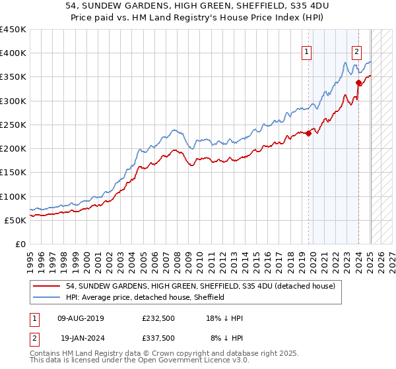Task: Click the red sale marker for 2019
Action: tap(308, 133)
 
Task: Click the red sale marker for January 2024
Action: tap(358, 82)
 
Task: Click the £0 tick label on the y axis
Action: tap(20, 244)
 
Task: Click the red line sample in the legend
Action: tap(48, 286)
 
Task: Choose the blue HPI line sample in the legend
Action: tap(48, 297)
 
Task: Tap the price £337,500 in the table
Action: tap(158, 337)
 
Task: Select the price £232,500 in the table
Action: tap(158, 318)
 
